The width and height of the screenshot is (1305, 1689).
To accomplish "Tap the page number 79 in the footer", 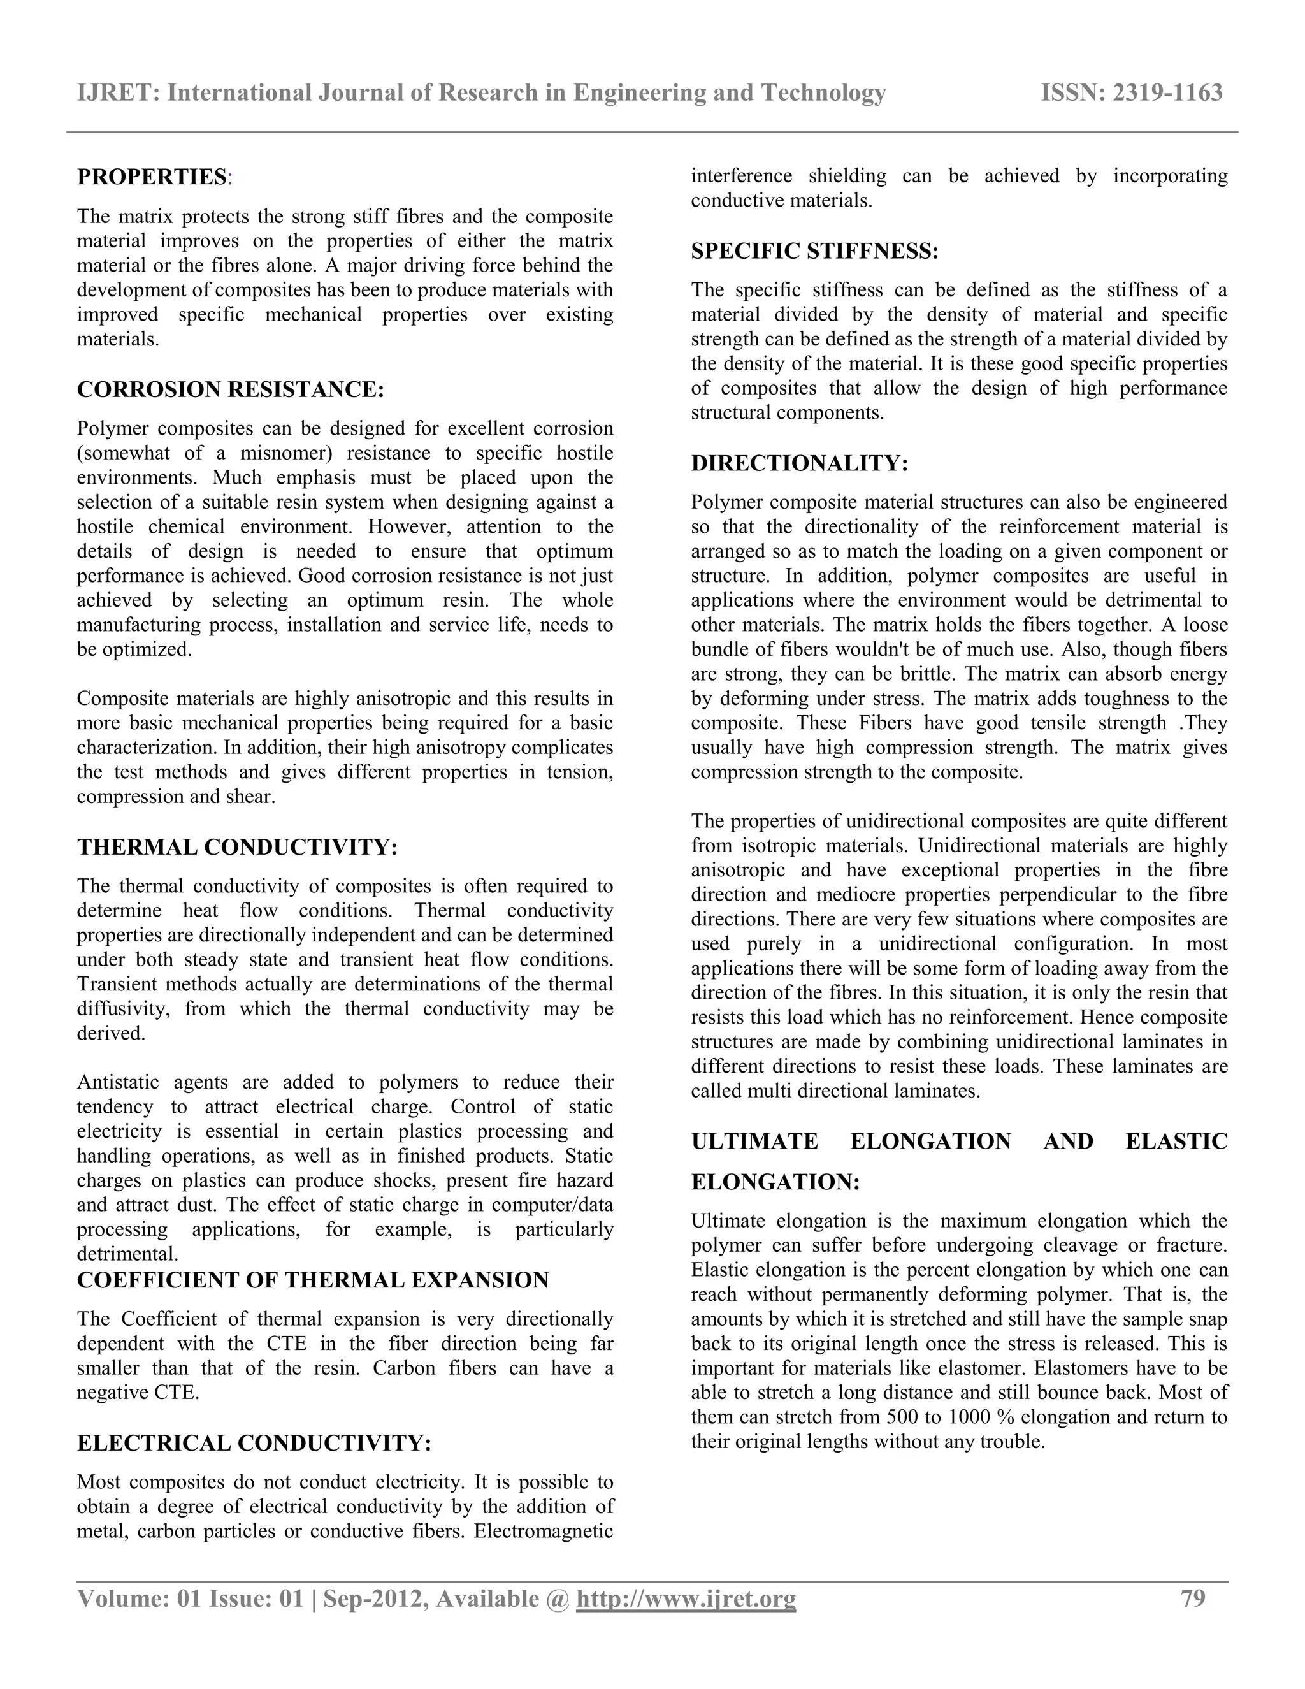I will (x=1193, y=1598).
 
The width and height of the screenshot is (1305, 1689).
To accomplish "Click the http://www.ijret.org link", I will (x=686, y=1598).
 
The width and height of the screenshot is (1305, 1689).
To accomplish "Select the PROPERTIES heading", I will (x=152, y=177).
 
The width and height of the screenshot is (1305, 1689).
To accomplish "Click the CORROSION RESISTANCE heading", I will (x=229, y=390).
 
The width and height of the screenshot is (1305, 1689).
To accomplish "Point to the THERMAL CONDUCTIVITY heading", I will (x=236, y=848).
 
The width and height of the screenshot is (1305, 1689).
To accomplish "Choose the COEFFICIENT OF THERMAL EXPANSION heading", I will (x=312, y=1280).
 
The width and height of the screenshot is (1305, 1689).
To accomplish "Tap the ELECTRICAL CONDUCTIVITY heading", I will (x=254, y=1443).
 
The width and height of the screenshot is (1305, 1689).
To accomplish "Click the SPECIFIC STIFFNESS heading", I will (x=814, y=251).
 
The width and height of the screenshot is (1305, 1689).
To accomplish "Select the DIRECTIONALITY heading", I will (x=798, y=463).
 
